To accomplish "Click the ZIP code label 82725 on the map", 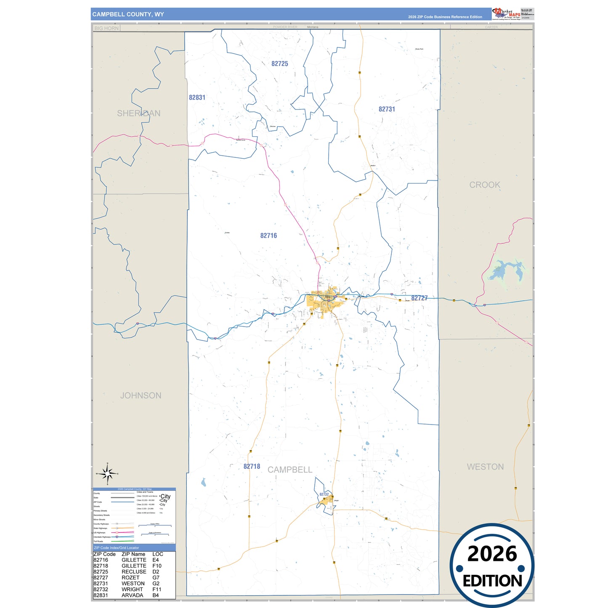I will pos(280,64).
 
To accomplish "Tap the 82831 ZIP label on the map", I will pos(197,98).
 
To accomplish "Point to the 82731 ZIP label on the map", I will pos(387,109).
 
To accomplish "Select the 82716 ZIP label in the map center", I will pos(268,236).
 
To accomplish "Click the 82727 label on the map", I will pos(419,298).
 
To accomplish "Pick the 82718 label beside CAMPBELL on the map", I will pos(252,467).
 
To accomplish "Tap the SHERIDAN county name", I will pos(138,114).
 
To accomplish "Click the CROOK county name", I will pos(485,185).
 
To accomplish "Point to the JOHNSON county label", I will pos(141,396).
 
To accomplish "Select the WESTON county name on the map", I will pos(485,467).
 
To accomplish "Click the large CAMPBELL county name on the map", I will pos(290,470).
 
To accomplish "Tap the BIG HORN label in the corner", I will pos(106,28).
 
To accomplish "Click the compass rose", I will pos(108,474).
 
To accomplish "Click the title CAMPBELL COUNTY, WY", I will pos(128,14).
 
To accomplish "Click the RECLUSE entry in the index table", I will pos(134,572).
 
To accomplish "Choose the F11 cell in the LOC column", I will pos(157,589).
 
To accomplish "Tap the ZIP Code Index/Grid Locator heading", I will pos(117,548).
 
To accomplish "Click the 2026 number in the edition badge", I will pos(492,554).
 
